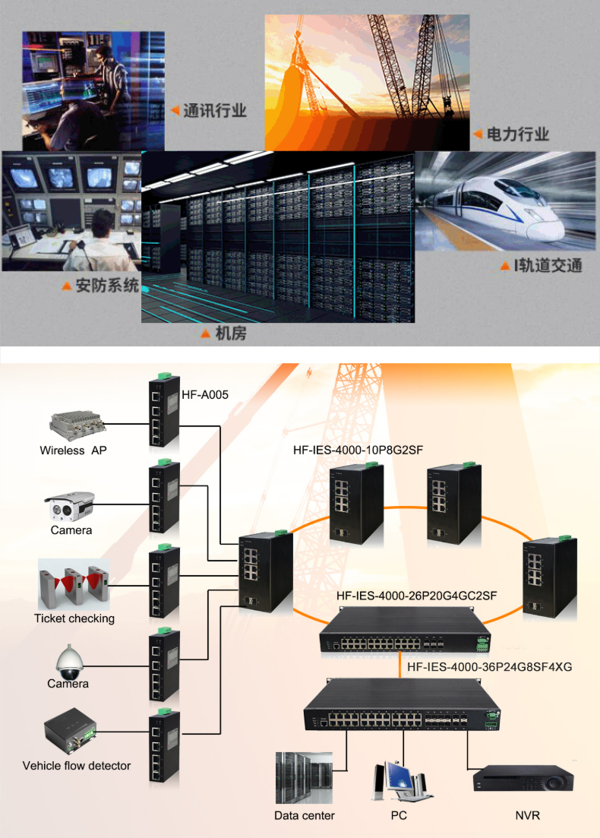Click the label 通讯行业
pos(215,111)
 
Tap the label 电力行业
pos(517,134)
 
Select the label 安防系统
pos(107,286)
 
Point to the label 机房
pos(231,334)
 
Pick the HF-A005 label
pos(205,394)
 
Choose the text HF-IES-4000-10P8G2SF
pos(358,451)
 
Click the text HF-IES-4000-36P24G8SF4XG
pos(490,667)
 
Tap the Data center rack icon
pos(304,777)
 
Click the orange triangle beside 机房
pos(205,334)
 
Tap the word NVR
pos(527,816)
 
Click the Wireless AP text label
pos(73,451)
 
